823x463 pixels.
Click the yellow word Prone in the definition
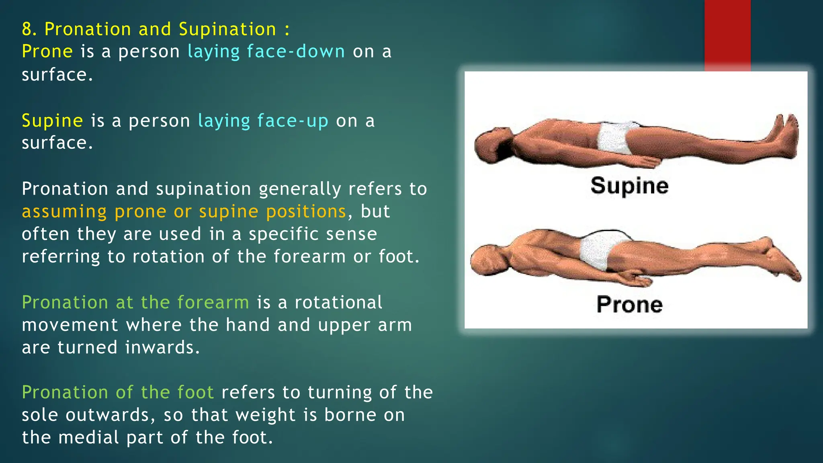point(47,51)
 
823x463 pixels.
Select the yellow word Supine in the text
point(52,121)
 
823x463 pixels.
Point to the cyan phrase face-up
point(293,121)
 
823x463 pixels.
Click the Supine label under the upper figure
point(629,186)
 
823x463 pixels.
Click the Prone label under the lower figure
point(629,304)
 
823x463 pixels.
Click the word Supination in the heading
point(227,29)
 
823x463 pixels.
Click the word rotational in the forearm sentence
point(338,302)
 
